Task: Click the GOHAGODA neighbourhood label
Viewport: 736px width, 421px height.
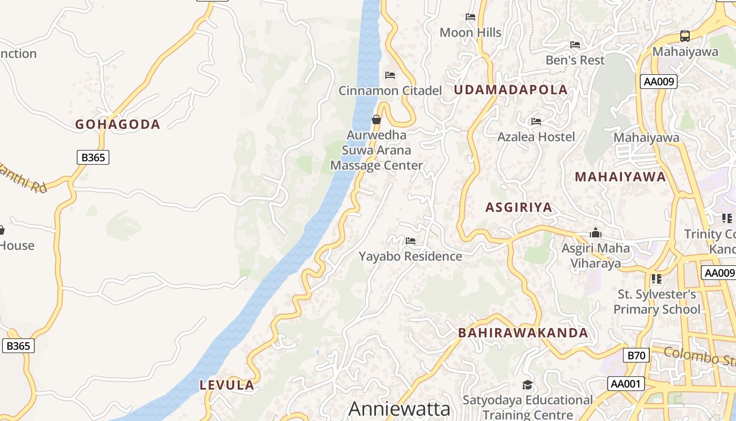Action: (x=117, y=125)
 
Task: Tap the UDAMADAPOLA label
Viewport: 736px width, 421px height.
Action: (x=510, y=90)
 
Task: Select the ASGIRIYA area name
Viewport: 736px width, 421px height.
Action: (x=518, y=207)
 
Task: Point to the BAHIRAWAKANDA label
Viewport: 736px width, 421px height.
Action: (x=523, y=333)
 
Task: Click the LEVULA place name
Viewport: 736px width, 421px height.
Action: (x=227, y=385)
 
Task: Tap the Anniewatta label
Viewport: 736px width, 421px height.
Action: (x=400, y=409)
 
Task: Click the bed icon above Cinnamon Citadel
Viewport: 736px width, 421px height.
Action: (x=390, y=75)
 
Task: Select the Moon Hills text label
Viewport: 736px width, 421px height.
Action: (x=470, y=33)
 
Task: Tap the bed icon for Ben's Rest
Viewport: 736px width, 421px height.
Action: (x=575, y=45)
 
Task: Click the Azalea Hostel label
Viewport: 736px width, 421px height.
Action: (x=536, y=137)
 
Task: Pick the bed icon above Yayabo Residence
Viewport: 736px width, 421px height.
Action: (x=411, y=241)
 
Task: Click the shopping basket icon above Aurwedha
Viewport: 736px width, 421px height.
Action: (x=376, y=119)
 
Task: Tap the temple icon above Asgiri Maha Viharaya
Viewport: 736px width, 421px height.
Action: (x=596, y=232)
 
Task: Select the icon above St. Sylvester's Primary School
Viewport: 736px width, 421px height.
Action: (x=656, y=278)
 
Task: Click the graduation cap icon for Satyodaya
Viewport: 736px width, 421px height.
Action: (x=527, y=385)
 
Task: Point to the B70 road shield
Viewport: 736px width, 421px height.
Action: (x=636, y=356)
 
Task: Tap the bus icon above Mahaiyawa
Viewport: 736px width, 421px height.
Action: (x=684, y=36)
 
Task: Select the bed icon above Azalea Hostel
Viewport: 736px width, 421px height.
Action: (x=536, y=122)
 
